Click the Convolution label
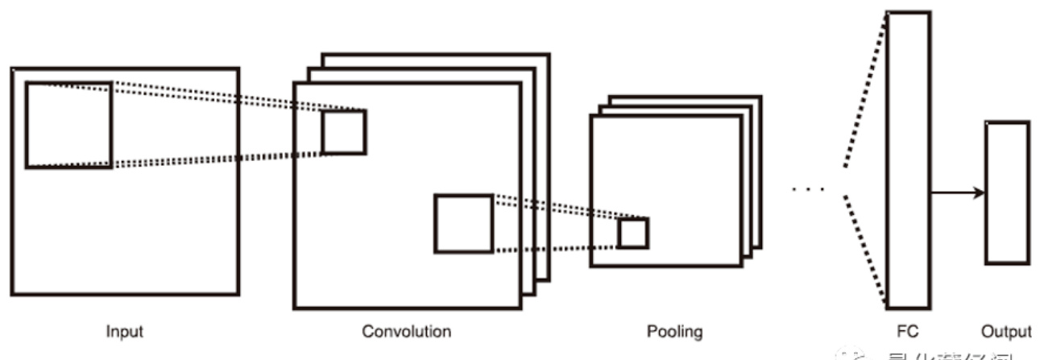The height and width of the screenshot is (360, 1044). pos(406,331)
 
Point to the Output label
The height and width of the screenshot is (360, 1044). pos(1006,331)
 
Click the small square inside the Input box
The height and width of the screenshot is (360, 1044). pos(68,125)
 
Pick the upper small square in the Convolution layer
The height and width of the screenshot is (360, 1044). pos(344,132)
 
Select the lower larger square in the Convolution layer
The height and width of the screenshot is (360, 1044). pos(463,223)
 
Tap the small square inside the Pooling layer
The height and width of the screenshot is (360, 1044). pos(633,233)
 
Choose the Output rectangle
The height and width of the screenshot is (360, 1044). pos(1007,192)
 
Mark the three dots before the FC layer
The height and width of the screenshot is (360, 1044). pos(808,190)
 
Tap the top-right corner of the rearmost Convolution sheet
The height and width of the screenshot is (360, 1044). pos(549,55)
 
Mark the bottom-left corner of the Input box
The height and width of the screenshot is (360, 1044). pos(13,293)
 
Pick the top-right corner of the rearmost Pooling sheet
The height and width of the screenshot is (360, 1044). pos(761,97)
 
